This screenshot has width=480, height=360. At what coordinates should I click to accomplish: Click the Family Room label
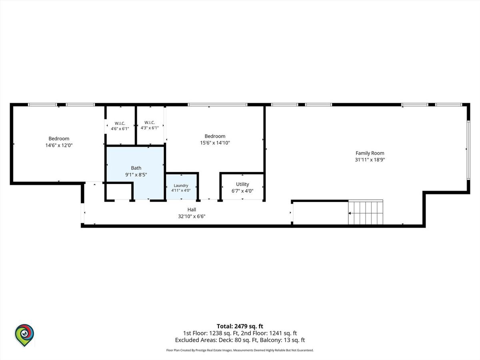tap(370, 153)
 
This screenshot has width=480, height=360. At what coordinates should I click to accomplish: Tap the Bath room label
tap(136, 168)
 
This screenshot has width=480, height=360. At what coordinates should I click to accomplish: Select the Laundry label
tap(181, 185)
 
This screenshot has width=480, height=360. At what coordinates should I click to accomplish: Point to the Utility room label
tap(242, 184)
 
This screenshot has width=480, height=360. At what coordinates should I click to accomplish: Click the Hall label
tap(192, 209)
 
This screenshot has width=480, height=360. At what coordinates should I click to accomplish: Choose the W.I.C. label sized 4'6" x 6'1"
tap(120, 123)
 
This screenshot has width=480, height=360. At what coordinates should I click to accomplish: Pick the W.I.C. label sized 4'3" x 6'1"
tap(150, 122)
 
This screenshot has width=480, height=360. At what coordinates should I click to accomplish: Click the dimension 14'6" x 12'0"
tap(59, 145)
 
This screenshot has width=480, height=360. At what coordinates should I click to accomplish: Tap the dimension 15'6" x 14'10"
tap(215, 143)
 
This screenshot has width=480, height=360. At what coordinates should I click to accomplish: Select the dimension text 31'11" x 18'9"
tap(370, 160)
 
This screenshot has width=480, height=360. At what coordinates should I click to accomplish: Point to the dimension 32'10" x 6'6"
tap(192, 216)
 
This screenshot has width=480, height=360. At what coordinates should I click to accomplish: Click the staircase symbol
tap(366, 212)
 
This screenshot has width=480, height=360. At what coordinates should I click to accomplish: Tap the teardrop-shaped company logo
tap(24, 335)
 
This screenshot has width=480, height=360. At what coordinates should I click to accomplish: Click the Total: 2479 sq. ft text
tap(240, 326)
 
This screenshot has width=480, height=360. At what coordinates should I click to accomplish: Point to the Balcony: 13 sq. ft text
tap(282, 340)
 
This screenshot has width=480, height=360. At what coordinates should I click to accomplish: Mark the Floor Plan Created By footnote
tap(240, 350)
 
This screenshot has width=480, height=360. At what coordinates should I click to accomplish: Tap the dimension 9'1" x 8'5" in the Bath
tap(136, 175)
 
